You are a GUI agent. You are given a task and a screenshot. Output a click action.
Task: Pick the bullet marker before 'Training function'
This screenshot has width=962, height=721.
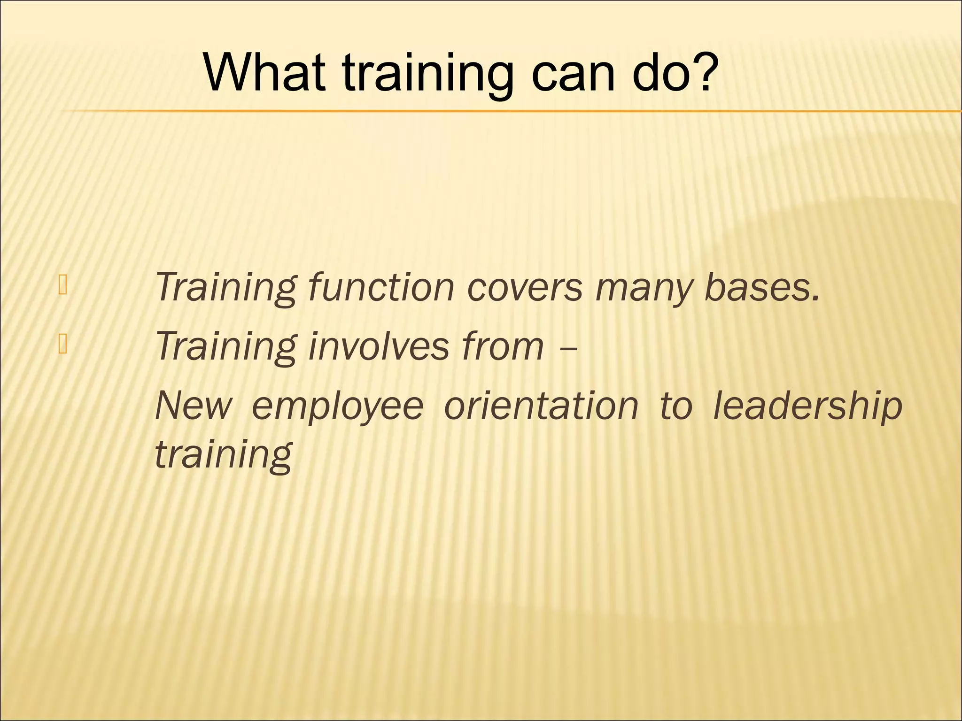(x=63, y=286)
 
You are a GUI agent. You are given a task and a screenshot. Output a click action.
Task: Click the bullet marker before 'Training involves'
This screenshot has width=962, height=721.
(x=63, y=345)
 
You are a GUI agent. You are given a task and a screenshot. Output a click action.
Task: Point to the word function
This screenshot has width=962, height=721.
(x=381, y=287)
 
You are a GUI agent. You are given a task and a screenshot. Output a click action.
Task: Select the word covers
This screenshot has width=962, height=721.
(x=524, y=287)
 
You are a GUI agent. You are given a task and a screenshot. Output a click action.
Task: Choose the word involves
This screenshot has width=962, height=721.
(x=378, y=346)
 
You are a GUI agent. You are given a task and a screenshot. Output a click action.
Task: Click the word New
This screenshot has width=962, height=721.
(x=193, y=406)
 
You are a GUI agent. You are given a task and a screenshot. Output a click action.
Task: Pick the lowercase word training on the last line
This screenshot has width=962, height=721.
(x=224, y=455)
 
